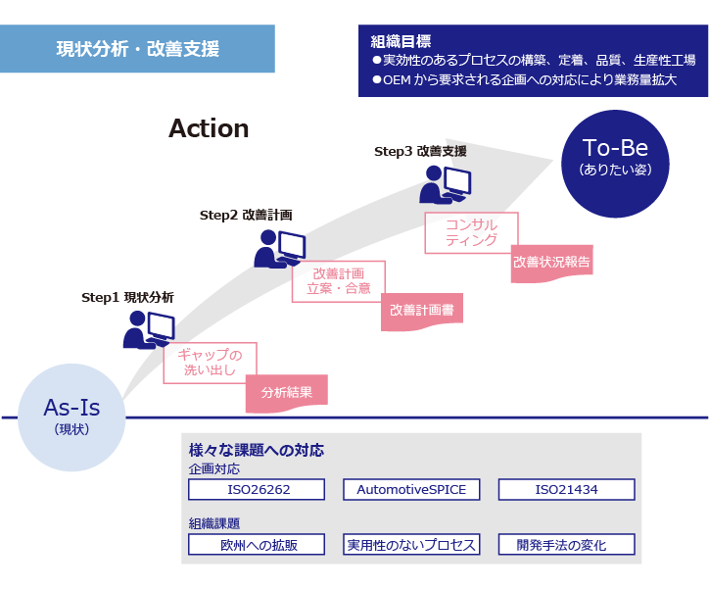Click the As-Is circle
coord(72,417)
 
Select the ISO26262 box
coord(256,489)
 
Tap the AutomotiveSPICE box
coord(411,489)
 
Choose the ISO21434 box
coord(567,489)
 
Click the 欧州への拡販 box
coord(256,545)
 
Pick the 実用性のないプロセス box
coord(411,545)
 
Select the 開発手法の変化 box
coord(567,545)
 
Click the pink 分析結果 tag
coord(286,392)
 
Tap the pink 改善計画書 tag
coord(422,311)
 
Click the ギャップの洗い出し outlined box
coord(211,363)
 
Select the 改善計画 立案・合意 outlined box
coord(338,280)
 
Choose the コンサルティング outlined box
coord(471,232)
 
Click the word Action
coord(209,128)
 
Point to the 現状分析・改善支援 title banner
coord(137,49)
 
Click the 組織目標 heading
coord(401,41)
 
